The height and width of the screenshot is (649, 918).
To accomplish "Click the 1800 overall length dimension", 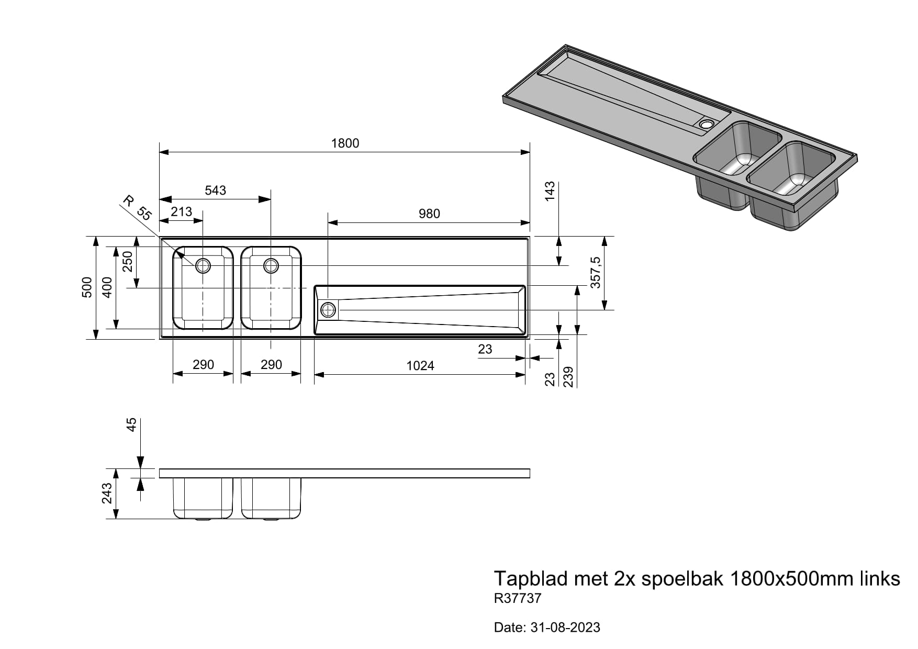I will [x=345, y=143].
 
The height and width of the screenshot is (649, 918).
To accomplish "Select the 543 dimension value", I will [x=215, y=191].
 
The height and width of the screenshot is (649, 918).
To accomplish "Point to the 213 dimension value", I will [x=181, y=211].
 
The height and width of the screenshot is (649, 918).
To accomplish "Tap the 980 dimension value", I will [x=429, y=214].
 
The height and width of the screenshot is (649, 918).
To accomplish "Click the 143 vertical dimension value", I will [x=550, y=192].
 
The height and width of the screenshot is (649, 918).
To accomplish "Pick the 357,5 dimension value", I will [x=596, y=273].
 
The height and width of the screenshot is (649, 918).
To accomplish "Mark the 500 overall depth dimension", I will [x=87, y=287].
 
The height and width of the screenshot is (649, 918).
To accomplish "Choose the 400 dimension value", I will [x=107, y=287].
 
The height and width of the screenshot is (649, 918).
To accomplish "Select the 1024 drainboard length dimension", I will [x=420, y=366].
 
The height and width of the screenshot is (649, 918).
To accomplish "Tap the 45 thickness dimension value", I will [x=131, y=424].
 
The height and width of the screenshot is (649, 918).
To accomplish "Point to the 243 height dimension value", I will [x=107, y=493].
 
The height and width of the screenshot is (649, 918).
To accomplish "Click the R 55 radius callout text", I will [x=137, y=208].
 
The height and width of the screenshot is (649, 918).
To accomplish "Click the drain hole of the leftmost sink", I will [x=203, y=266].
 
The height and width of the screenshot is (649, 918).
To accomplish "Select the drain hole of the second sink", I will [x=271, y=266].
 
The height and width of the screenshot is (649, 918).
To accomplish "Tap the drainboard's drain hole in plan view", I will [x=328, y=310].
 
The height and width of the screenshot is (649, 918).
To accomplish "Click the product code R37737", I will [x=518, y=598].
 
